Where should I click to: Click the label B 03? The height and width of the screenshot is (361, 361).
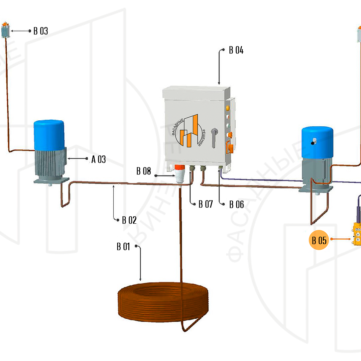41,31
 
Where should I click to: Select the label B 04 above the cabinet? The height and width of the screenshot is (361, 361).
236,50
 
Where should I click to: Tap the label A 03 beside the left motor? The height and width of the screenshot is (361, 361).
99,159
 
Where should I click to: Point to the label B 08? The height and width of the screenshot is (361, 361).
144,171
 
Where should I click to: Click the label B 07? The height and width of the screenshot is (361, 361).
206,204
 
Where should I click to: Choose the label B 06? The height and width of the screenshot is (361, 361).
237,205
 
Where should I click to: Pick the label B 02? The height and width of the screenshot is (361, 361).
129,220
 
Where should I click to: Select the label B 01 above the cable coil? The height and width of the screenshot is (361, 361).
123,247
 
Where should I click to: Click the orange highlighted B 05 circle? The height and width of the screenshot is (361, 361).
319,240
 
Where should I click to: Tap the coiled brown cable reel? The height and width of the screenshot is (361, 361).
163,303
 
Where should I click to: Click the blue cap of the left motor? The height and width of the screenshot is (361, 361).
49,135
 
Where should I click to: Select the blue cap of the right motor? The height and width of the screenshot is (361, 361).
317,142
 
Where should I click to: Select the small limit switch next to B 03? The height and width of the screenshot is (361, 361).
5,31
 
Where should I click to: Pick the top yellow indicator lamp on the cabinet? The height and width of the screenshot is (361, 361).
229,108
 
